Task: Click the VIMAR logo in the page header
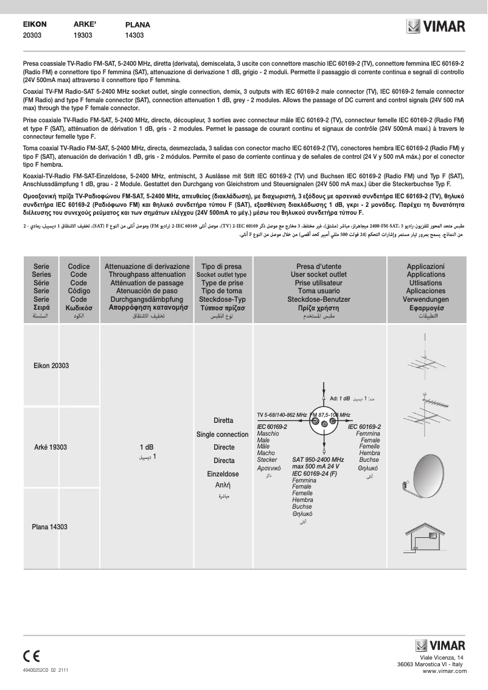(436, 27)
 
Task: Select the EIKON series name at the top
(35, 24)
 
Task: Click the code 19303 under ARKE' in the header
(83, 36)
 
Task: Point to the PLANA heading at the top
(138, 25)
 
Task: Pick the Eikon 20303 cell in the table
(51, 366)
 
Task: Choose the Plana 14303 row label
(49, 527)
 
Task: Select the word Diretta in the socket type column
(223, 420)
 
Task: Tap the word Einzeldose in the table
(223, 474)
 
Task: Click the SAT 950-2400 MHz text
(318, 459)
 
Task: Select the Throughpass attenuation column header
(147, 275)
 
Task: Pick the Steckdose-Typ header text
(222, 299)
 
